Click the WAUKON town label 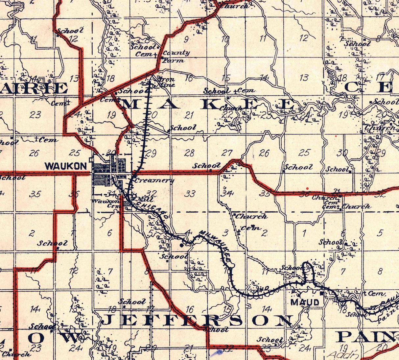[x=66, y=166]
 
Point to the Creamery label [x=154, y=180]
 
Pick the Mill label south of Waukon [x=140, y=199]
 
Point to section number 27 [x=226, y=153]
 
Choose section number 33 [x=190, y=194]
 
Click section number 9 [x=186, y=40]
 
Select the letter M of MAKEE [x=131, y=104]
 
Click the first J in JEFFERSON [x=108, y=320]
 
